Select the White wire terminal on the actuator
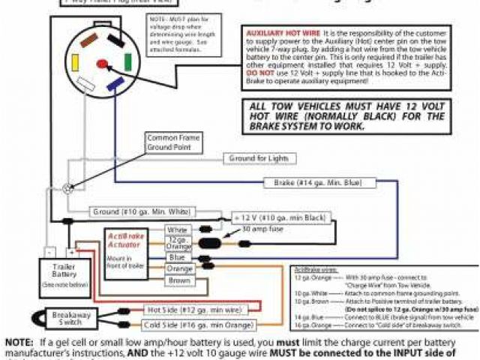(177, 229)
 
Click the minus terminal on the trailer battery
(48, 253)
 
